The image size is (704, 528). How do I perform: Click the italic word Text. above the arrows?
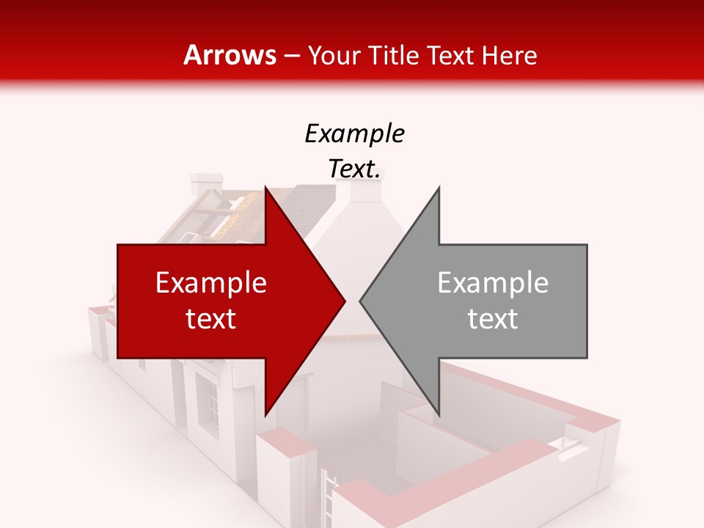[x=355, y=169]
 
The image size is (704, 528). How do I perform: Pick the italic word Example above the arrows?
[x=355, y=134]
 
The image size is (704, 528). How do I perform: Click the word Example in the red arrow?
[x=211, y=283]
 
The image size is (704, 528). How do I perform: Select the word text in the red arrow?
[x=211, y=319]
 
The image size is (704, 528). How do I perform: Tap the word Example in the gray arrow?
[x=493, y=283]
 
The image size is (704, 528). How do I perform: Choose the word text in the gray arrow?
[x=493, y=319]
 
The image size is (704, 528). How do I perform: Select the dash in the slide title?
[x=290, y=56]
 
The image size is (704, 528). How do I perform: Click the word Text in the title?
[x=450, y=55]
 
